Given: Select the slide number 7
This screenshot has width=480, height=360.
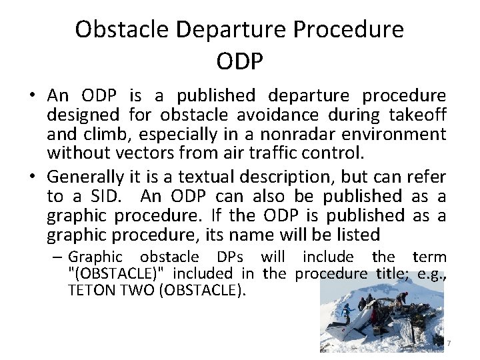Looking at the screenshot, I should [449, 343].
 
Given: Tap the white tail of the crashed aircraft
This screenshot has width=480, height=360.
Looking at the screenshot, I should [340, 331].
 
